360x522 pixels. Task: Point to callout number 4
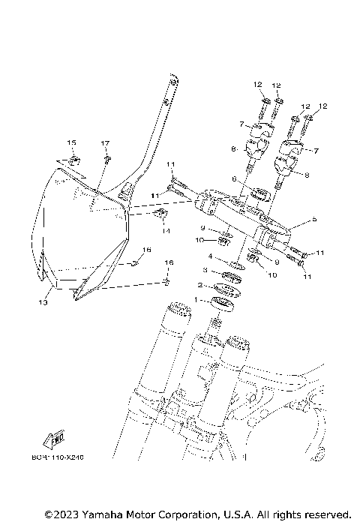[x=211, y=256]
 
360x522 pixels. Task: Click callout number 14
[x=166, y=231]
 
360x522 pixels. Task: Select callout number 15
[x=72, y=142]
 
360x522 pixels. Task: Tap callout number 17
[x=105, y=142]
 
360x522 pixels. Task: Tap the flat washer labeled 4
[x=234, y=265]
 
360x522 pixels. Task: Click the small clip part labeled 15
[x=75, y=160]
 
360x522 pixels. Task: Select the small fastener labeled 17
[x=108, y=159]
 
